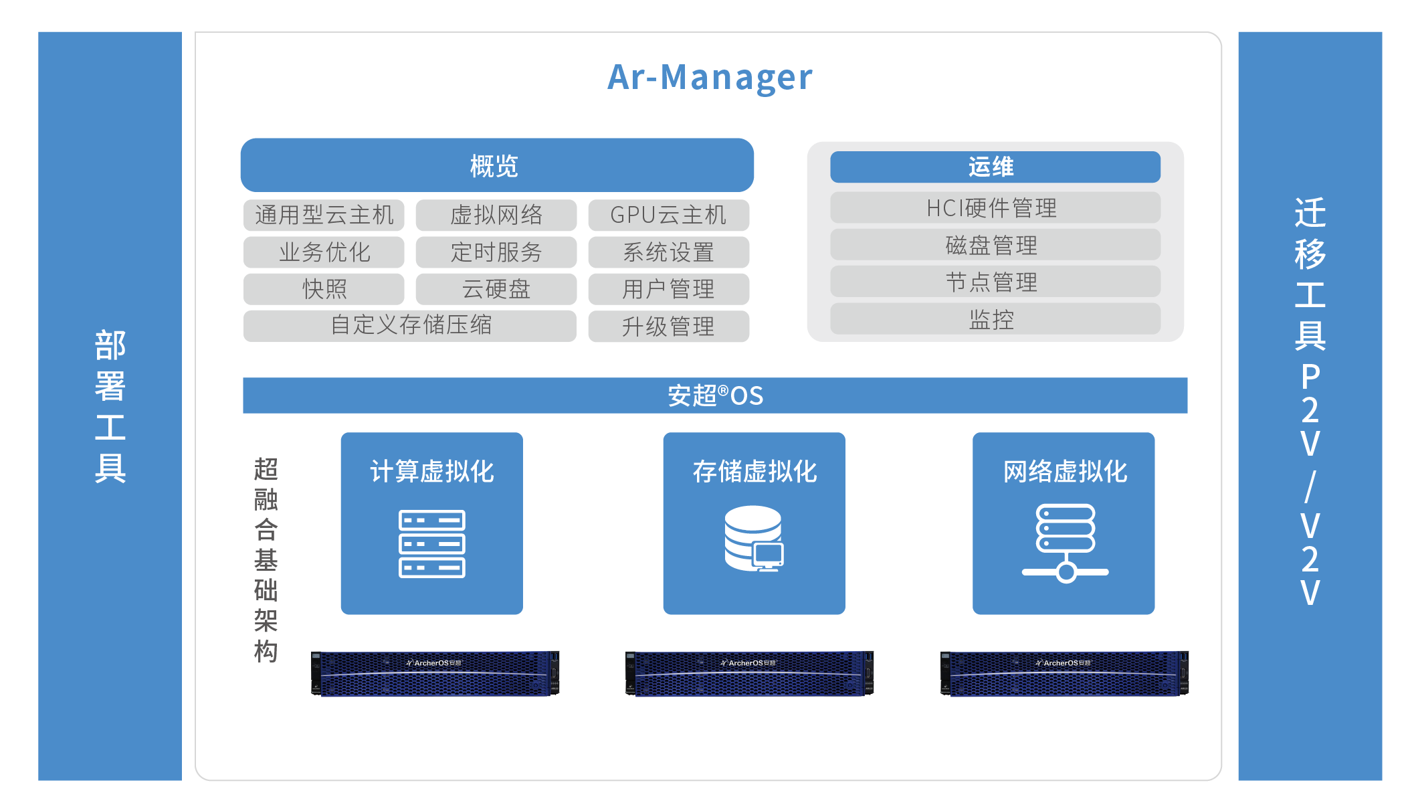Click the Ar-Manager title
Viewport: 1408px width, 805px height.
coord(710,78)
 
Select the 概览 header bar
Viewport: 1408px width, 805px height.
coord(496,165)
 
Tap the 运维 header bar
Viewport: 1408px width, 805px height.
coord(995,167)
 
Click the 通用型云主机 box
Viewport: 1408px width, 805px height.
coord(324,215)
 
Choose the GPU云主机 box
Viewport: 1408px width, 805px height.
coord(668,215)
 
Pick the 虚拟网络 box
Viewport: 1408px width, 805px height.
coord(496,215)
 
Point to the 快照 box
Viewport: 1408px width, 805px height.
coord(324,289)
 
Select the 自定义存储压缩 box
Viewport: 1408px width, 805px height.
coord(409,326)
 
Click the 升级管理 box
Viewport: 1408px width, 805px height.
coord(668,327)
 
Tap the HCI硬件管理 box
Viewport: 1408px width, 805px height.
coord(995,208)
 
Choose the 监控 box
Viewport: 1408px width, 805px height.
coord(995,319)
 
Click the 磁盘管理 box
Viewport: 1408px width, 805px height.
coord(995,245)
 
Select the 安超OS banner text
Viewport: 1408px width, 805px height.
coord(715,395)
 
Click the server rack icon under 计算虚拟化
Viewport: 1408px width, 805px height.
coord(431,543)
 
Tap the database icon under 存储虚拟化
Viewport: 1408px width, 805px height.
coord(754,539)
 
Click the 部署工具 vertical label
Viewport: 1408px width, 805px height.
coord(110,406)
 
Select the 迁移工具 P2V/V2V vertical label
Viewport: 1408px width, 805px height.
coord(1310,401)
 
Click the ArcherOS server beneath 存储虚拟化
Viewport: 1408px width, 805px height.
coord(749,673)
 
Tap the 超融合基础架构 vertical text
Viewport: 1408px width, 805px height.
coord(266,559)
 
